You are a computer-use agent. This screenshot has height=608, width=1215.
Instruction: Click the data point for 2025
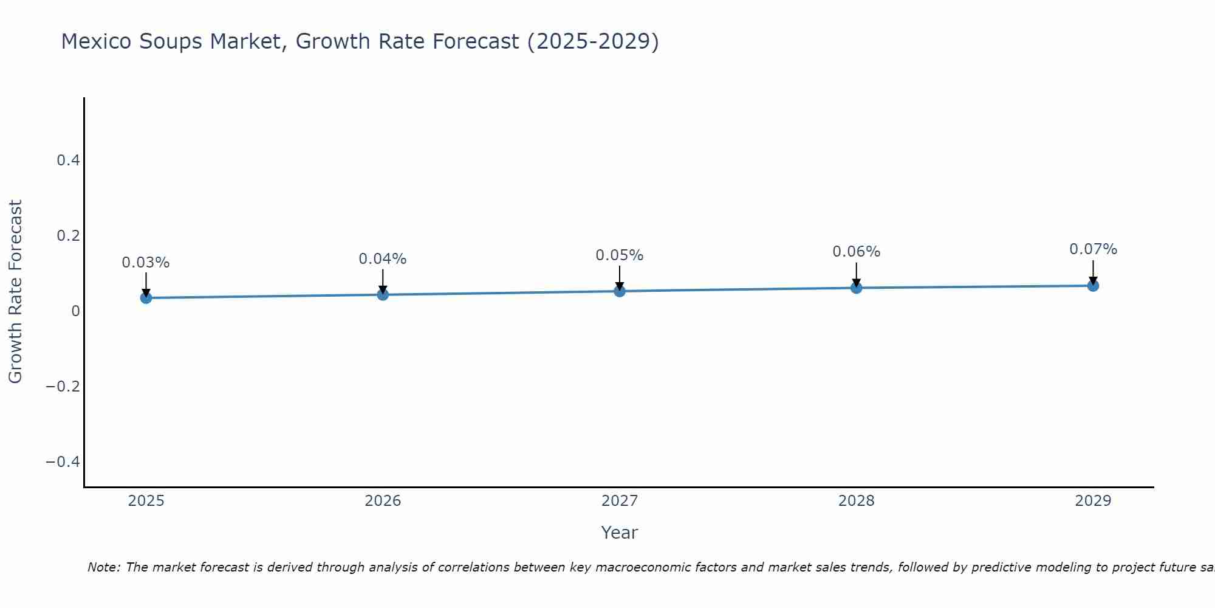(x=146, y=297)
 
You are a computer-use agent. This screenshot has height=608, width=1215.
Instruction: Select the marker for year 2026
(x=383, y=294)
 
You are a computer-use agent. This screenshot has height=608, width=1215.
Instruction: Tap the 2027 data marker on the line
(x=620, y=291)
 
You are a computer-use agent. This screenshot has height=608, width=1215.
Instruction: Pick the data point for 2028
(x=856, y=288)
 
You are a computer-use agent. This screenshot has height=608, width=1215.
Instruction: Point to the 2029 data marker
(x=1093, y=285)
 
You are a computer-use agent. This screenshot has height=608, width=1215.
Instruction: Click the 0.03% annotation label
(x=146, y=263)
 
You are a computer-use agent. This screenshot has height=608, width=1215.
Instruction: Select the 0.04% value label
(x=383, y=259)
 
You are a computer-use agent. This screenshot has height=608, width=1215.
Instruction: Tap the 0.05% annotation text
(x=620, y=255)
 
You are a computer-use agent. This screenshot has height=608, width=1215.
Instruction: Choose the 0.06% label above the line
(x=856, y=252)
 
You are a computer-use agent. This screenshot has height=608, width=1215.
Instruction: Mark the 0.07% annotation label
(x=1093, y=249)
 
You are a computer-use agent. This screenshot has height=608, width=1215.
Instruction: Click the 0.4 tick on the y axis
(x=68, y=161)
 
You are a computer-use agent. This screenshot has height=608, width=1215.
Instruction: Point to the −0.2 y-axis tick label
(x=63, y=387)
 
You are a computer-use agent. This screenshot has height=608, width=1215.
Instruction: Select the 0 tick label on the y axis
(x=75, y=311)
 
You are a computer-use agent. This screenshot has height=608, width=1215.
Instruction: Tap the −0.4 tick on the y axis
(x=63, y=462)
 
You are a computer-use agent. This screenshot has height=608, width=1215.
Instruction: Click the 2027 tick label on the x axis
(x=620, y=501)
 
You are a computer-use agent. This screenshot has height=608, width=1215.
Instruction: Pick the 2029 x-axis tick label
(x=1093, y=501)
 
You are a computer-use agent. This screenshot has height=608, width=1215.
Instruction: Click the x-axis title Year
(x=620, y=533)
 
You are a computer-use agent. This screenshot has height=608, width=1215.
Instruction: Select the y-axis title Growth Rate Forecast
(x=15, y=292)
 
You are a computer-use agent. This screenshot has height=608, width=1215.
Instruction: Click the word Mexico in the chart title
(x=97, y=41)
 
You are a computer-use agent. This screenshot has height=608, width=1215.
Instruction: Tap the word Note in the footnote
(x=103, y=567)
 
